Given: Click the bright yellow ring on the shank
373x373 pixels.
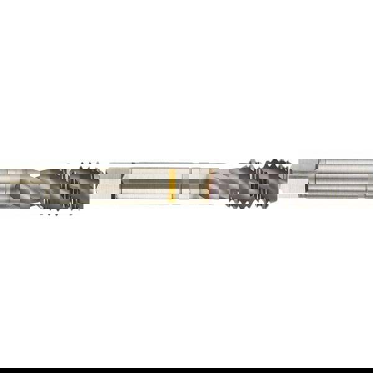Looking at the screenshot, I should (x=172, y=185).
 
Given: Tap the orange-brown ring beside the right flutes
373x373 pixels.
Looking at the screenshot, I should (x=210, y=185).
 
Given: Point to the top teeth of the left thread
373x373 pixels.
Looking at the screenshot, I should (x=87, y=165).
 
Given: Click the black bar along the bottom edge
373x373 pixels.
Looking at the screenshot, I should (x=186, y=371).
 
